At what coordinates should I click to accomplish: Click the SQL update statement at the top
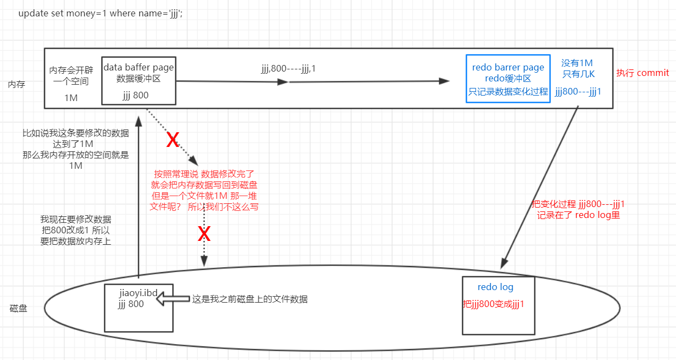pyautogui.click(x=101, y=13)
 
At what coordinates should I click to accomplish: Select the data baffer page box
pyautogui.click(x=139, y=80)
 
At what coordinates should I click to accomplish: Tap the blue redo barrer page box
pyautogui.click(x=508, y=78)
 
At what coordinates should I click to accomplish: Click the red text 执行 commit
pyautogui.click(x=642, y=73)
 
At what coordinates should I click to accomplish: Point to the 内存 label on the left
pyautogui.click(x=16, y=85)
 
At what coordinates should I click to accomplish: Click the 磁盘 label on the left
pyautogui.click(x=19, y=309)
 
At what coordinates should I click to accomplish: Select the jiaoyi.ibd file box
pyautogui.click(x=138, y=307)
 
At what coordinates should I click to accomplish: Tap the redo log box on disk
pyautogui.click(x=498, y=305)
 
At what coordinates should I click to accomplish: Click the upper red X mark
pyautogui.click(x=172, y=140)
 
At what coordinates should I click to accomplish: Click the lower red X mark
pyautogui.click(x=204, y=234)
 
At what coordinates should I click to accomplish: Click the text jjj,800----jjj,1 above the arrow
pyautogui.click(x=289, y=69)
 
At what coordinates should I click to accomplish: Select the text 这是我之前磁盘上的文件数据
pyautogui.click(x=250, y=299)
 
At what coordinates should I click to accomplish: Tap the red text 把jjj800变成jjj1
pyautogui.click(x=493, y=304)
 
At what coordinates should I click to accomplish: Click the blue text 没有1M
pyautogui.click(x=577, y=63)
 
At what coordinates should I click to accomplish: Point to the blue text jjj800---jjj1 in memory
pyautogui.click(x=578, y=91)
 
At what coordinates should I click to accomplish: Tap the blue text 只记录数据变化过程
pyautogui.click(x=508, y=92)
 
